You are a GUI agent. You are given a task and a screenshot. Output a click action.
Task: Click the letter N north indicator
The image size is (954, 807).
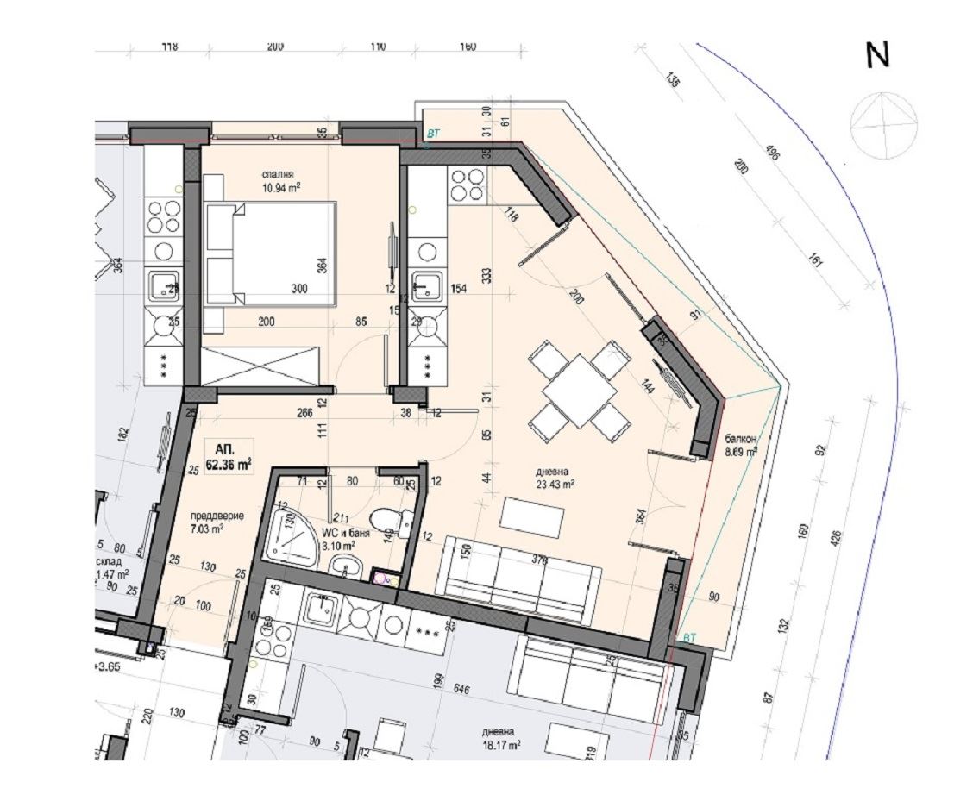point(877,56)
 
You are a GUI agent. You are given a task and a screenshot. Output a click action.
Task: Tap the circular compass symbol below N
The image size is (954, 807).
point(883,125)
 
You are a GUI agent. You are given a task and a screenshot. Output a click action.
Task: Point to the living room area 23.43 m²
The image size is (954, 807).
point(556,484)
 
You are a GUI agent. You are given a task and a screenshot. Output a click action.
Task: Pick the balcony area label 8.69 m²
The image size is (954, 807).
point(741,450)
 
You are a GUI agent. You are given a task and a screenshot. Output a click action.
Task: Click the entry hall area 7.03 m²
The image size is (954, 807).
point(207,529)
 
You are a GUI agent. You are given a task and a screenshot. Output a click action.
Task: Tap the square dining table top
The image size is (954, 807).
point(579,390)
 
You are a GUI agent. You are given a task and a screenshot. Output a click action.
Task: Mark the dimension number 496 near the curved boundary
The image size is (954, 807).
point(771,155)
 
